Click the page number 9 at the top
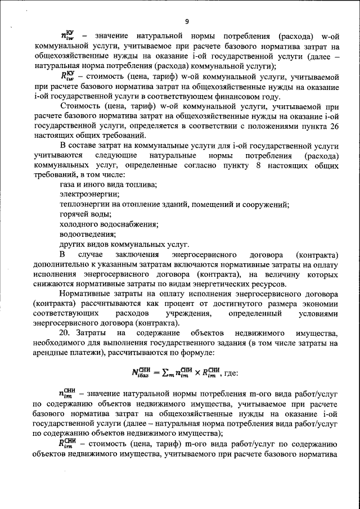(186, 21)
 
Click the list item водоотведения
(88, 234)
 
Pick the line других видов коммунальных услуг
(124, 244)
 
